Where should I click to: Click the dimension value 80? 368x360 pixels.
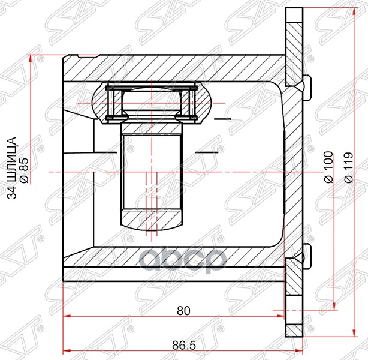183,311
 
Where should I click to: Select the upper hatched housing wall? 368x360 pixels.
174,68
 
